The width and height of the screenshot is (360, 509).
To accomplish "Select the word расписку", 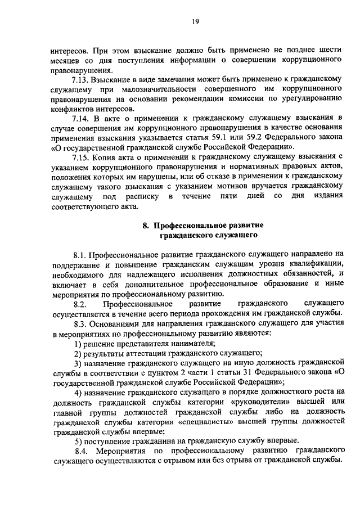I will [137, 196].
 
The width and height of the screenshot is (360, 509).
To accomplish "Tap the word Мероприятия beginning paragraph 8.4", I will [123, 451].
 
